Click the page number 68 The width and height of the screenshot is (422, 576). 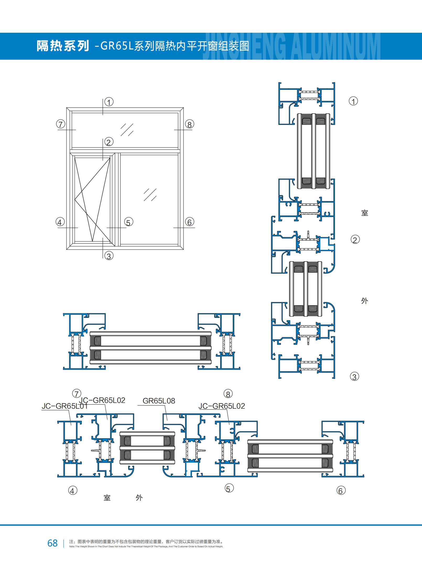coord(52,543)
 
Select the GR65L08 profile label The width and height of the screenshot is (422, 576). coord(159,401)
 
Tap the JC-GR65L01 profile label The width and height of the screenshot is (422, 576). coord(64,406)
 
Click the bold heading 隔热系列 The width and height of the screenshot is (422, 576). coord(63,46)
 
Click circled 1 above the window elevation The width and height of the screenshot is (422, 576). coord(109,102)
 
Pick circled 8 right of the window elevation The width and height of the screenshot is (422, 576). coord(190,124)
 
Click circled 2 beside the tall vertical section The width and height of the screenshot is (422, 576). coord(355,240)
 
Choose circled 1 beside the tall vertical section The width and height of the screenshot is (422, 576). coord(353,101)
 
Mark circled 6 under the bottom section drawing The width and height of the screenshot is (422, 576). coord(341,490)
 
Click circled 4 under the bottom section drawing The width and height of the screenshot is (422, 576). coord(73,490)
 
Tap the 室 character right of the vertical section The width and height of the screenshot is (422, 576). coord(365,213)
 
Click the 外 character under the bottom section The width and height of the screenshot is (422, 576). coord(139,498)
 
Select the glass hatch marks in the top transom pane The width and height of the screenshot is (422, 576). coord(127,130)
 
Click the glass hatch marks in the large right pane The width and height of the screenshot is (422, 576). coord(150,195)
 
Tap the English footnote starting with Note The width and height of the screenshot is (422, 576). coord(146,547)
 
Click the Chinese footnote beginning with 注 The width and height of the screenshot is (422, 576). coord(146,542)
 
